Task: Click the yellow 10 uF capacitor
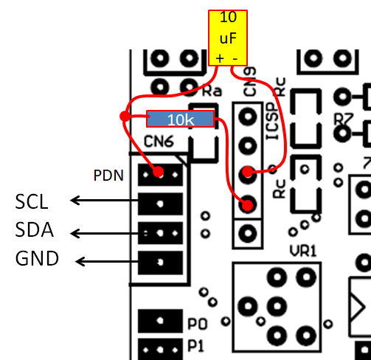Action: click(228, 38)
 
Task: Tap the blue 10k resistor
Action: click(181, 119)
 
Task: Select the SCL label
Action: click(32, 202)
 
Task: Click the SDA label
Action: click(34, 229)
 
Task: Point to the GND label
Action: click(37, 258)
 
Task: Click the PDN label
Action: click(108, 176)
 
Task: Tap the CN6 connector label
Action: click(159, 142)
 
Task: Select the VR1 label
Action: click(303, 252)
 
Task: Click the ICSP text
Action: click(273, 121)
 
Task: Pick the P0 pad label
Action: click(198, 324)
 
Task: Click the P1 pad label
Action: click(196, 346)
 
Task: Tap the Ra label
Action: click(212, 91)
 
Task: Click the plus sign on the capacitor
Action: click(220, 59)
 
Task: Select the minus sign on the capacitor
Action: click(235, 59)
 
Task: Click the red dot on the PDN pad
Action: click(159, 171)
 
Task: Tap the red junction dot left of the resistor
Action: click(125, 116)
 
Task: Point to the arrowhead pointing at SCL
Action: click(74, 200)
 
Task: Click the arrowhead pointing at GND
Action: click(80, 261)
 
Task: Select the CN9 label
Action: click(249, 82)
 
